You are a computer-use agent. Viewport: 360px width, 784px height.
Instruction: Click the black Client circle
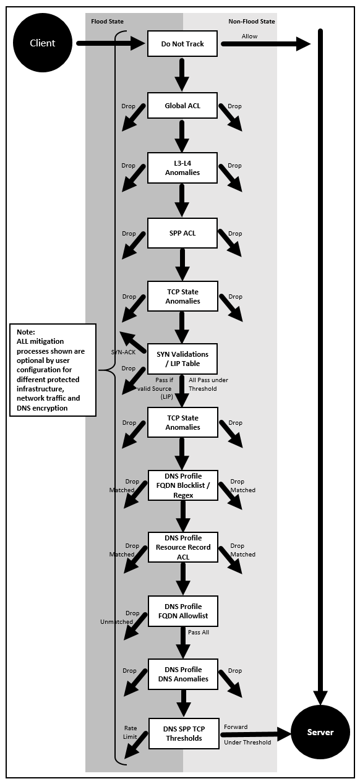43,43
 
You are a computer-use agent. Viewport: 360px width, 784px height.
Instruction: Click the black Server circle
320,732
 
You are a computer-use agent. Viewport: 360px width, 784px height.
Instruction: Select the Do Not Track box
182,44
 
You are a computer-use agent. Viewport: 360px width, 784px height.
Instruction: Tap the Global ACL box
182,106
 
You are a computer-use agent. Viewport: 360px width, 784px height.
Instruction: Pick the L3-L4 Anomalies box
182,168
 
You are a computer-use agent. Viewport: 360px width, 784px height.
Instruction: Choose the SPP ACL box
182,233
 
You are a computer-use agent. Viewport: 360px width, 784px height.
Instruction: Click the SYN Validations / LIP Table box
182,359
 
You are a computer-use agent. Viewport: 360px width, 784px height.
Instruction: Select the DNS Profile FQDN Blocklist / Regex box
183,487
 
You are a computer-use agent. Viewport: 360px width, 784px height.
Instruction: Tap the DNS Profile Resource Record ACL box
183,547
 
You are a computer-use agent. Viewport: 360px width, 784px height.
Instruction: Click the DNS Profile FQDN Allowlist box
183,611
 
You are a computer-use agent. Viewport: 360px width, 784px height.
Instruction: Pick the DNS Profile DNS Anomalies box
183,674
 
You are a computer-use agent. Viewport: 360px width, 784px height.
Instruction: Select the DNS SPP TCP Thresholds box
184,733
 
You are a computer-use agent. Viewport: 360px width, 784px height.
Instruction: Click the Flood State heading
107,21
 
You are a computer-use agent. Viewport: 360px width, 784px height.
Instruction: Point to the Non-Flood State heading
251,21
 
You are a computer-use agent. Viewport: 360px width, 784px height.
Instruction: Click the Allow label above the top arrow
249,36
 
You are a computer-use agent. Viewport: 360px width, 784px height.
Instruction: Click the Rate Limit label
131,733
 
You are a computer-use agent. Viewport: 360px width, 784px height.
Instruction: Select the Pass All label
199,633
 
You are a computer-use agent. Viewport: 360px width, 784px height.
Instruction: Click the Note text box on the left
53,370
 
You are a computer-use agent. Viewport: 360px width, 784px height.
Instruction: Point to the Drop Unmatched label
121,618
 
